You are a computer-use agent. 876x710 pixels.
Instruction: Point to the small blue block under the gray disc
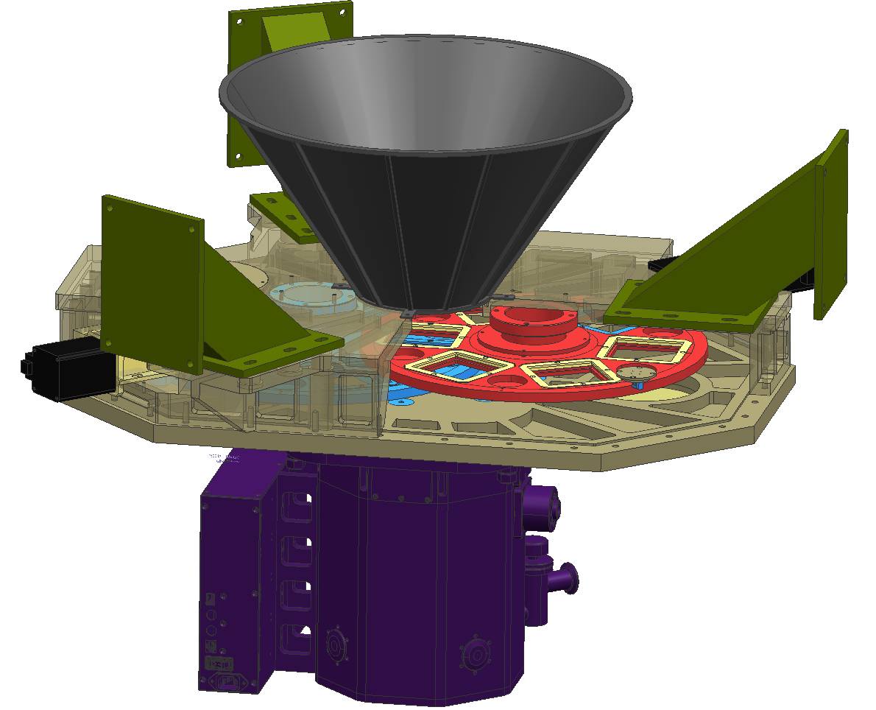[638, 385]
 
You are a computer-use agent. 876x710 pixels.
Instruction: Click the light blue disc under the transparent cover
[309, 295]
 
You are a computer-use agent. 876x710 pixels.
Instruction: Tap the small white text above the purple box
[225, 458]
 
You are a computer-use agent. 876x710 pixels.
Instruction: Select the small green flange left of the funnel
[283, 214]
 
